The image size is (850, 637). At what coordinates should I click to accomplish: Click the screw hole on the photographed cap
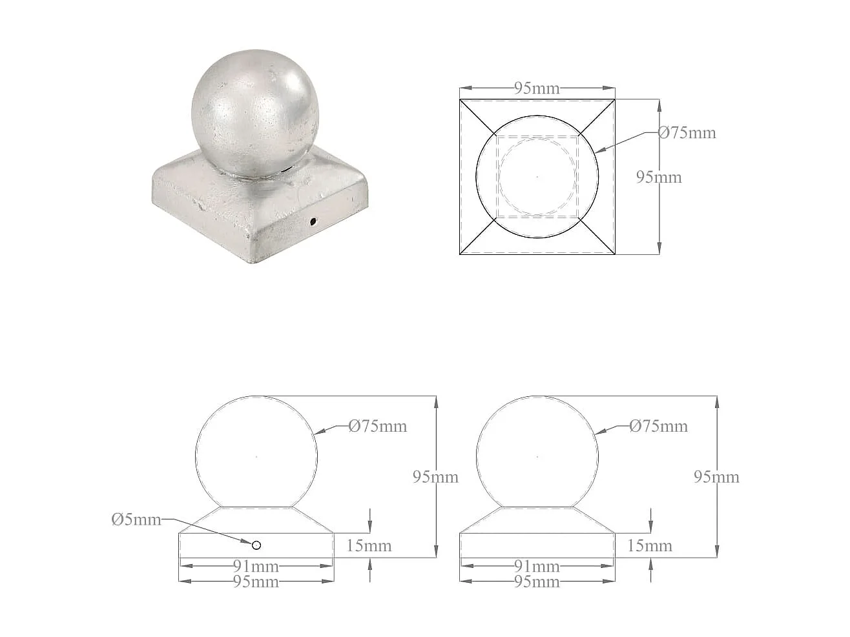click(x=313, y=222)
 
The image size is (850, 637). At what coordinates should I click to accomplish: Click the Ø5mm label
click(x=136, y=520)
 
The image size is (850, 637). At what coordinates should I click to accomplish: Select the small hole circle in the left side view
click(x=256, y=545)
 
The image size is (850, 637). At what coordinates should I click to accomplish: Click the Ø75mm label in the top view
click(x=687, y=133)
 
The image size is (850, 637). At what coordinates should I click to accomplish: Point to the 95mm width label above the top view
click(x=537, y=88)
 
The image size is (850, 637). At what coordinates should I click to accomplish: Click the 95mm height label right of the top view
click(x=659, y=177)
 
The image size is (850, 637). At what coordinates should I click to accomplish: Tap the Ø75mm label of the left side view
click(x=378, y=426)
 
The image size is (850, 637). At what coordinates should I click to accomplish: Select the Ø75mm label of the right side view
click(x=658, y=426)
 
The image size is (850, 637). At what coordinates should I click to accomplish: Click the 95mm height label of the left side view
click(x=435, y=477)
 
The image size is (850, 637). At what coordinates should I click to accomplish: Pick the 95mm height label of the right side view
click(x=716, y=477)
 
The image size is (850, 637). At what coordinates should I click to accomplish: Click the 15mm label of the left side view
click(x=369, y=546)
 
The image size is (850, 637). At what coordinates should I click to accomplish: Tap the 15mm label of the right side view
click(x=649, y=546)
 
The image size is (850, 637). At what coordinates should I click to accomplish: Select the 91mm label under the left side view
click(x=256, y=567)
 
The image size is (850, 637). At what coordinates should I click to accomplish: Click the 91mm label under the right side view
click(x=537, y=567)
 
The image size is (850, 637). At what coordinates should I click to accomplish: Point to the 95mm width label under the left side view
click(x=256, y=582)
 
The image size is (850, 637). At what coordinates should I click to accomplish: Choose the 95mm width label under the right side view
click(x=537, y=582)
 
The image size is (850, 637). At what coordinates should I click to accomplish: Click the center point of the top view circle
click(x=537, y=176)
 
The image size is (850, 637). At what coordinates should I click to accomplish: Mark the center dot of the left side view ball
click(x=256, y=457)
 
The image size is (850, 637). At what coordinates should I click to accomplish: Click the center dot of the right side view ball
click(x=537, y=457)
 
